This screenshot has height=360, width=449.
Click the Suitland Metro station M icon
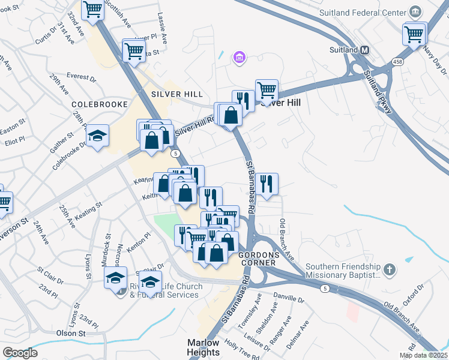pyautogui.click(x=364, y=50)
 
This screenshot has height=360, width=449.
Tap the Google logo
pyautogui.click(x=20, y=353)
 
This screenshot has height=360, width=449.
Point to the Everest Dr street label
pyautogui.click(x=82, y=77)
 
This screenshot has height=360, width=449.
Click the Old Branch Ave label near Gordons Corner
pyautogui.click(x=287, y=239)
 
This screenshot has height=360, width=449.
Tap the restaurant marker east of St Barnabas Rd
pyautogui.click(x=266, y=182)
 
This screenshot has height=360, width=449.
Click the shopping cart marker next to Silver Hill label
pyautogui.click(x=267, y=91)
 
